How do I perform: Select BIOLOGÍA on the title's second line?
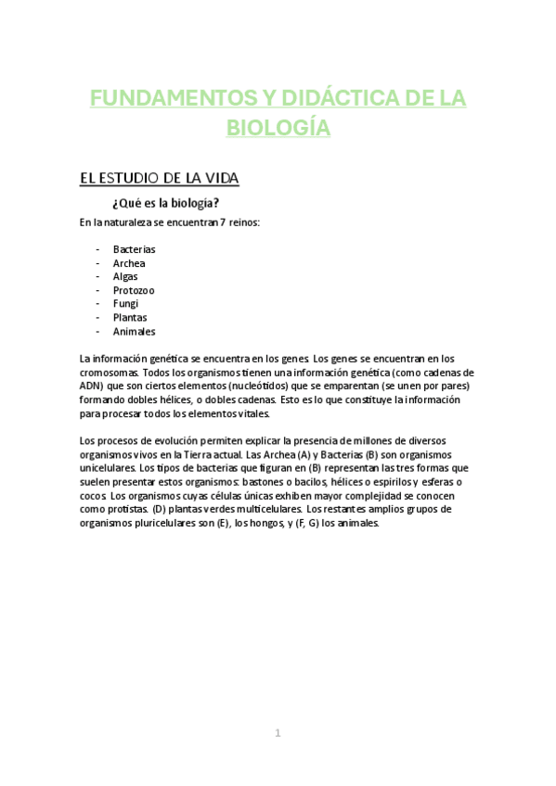click(x=278, y=128)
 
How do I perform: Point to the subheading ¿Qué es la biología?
click(x=165, y=203)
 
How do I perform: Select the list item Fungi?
click(x=126, y=304)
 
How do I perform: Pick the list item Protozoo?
click(x=134, y=290)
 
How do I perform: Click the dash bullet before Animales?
click(x=98, y=331)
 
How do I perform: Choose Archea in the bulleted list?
click(x=129, y=263)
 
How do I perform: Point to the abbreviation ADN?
click(x=91, y=387)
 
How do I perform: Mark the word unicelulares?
click(x=108, y=469)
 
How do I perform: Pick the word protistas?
click(x=121, y=509)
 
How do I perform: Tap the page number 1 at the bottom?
click(x=278, y=733)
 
